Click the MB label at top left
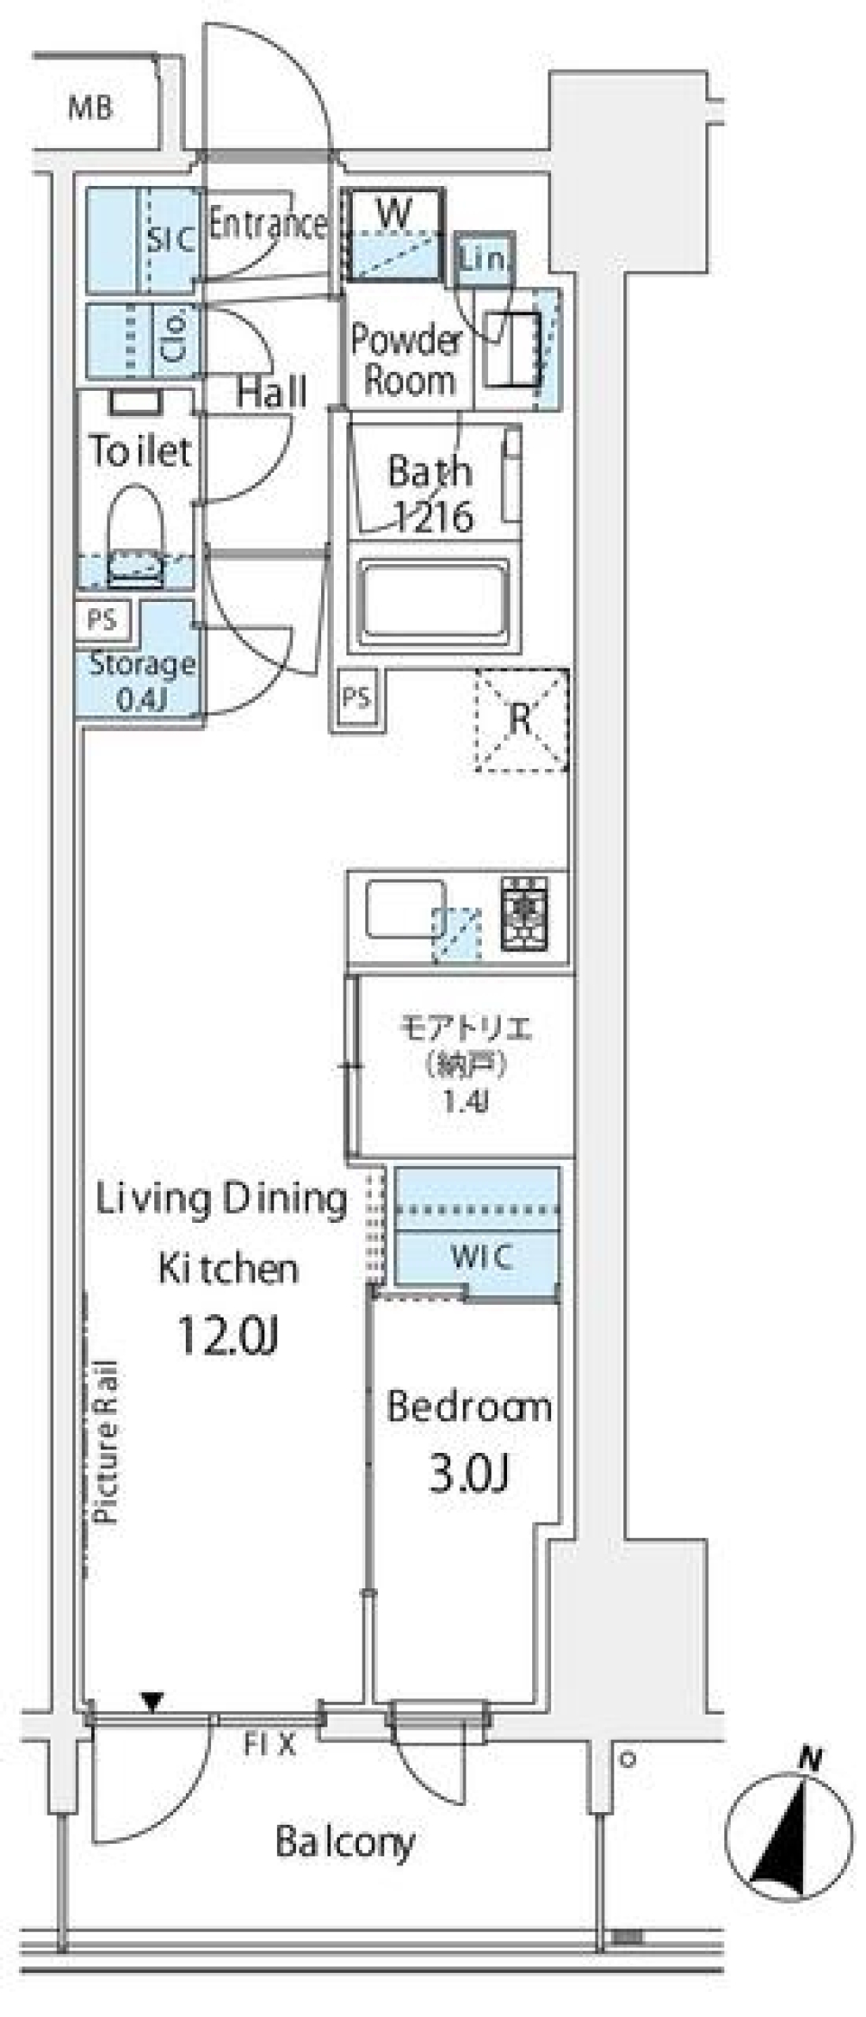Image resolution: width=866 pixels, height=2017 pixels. point(91,109)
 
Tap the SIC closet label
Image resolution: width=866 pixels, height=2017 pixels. point(170,240)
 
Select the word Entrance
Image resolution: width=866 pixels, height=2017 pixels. point(267,224)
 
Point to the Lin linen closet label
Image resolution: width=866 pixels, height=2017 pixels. point(484,260)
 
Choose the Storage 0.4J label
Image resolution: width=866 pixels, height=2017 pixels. point(141,680)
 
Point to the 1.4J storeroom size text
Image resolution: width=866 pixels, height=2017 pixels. point(465,1102)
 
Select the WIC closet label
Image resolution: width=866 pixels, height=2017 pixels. point(481,1256)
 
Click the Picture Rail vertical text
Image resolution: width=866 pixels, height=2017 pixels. point(106,1442)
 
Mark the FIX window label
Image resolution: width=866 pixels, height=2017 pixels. point(269,1744)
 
